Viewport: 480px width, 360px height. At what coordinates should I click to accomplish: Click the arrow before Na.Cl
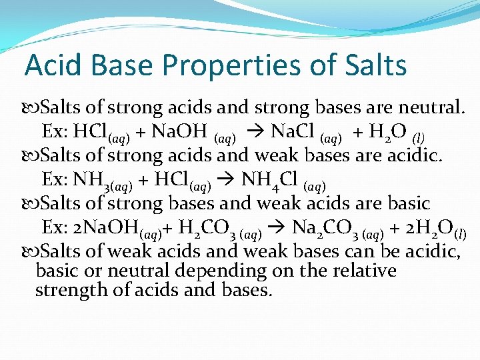pyautogui.click(x=257, y=132)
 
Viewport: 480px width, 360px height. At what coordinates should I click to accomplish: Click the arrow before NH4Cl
pyautogui.click(x=227, y=180)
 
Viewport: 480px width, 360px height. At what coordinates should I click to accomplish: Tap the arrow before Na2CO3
pyautogui.click(x=280, y=228)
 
